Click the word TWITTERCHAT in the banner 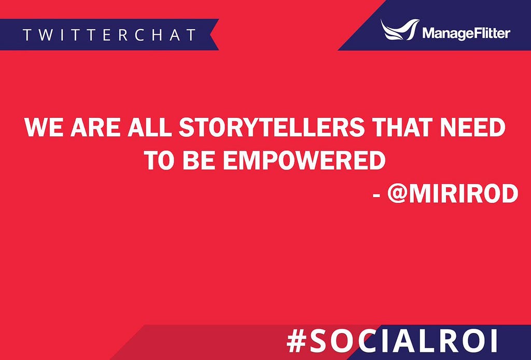(x=109, y=35)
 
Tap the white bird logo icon (x=400, y=29)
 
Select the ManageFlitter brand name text (x=466, y=33)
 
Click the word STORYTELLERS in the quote (x=271, y=127)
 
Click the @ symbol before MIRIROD (x=397, y=193)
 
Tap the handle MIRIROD (x=464, y=193)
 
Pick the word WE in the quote (x=45, y=127)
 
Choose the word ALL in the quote (x=149, y=127)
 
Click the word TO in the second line (x=160, y=160)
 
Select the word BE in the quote (x=199, y=160)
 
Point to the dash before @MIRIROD (x=376, y=196)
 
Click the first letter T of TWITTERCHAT (x=27, y=35)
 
